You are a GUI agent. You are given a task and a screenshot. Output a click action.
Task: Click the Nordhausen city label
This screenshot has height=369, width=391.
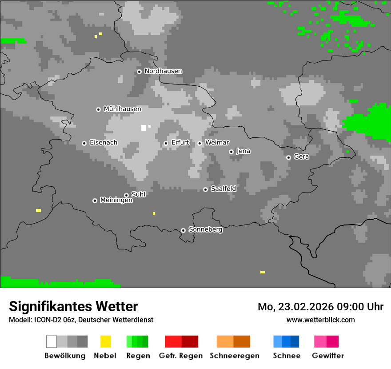click(163, 71)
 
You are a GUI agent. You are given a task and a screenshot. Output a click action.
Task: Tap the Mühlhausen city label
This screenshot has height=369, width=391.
click(122, 109)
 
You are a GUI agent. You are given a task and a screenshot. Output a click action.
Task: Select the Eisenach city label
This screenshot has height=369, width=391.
click(104, 143)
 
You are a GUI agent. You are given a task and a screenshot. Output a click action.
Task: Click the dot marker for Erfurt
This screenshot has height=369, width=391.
click(166, 143)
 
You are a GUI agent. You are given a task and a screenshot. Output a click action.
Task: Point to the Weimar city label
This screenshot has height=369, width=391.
click(217, 142)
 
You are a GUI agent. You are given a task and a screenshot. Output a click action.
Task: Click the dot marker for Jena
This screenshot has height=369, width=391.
click(231, 152)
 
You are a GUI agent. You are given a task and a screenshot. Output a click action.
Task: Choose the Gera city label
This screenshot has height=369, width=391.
click(301, 156)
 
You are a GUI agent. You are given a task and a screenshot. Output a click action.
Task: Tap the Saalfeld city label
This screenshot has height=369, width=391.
click(223, 189)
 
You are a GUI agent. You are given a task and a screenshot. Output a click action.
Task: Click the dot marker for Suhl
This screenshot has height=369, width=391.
click(126, 195)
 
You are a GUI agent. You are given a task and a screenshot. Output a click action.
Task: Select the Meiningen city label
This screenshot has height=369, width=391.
click(116, 201)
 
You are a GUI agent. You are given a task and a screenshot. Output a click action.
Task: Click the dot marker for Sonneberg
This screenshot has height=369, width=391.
click(183, 230)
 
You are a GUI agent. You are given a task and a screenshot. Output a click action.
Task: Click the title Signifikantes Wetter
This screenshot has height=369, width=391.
click(73, 306)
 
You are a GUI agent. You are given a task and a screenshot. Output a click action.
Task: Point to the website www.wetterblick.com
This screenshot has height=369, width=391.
click(320, 320)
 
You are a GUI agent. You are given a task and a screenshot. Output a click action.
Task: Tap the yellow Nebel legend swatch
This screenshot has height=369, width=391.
click(105, 341)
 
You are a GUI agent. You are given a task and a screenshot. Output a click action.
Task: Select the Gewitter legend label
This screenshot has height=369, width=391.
click(328, 356)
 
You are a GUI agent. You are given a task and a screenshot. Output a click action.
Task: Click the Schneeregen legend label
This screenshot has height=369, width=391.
click(234, 356)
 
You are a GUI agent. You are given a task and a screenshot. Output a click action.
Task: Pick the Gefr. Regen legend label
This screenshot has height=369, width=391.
click(181, 356)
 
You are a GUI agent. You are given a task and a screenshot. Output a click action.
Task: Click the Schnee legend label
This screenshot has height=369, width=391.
click(287, 356)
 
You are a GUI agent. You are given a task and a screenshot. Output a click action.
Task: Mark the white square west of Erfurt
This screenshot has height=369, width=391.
click(144, 128)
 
